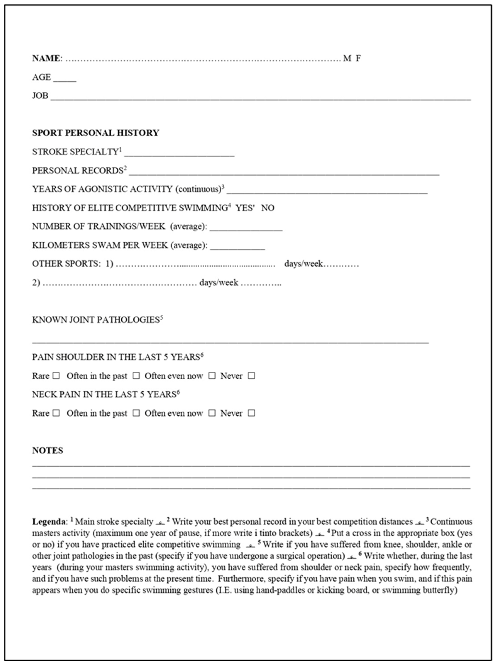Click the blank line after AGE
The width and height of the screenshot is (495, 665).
[65, 80]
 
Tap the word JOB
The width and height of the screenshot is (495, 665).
[40, 96]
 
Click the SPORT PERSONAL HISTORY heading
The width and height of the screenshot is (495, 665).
[96, 133]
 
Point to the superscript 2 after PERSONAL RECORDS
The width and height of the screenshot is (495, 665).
[125, 168]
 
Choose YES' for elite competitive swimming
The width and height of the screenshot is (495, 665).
[245, 208]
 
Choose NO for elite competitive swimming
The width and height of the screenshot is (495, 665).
[268, 208]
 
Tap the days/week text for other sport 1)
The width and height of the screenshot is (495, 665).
[303, 264]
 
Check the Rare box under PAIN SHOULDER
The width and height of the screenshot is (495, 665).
[56, 376]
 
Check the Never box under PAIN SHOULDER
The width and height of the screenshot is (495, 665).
[251, 376]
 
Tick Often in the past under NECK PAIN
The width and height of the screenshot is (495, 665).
[136, 413]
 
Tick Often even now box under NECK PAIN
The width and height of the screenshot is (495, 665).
[212, 413]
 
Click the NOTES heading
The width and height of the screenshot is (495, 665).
[48, 450]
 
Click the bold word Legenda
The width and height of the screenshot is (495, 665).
[49, 522]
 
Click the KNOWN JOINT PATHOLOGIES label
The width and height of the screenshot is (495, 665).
[96, 320]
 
